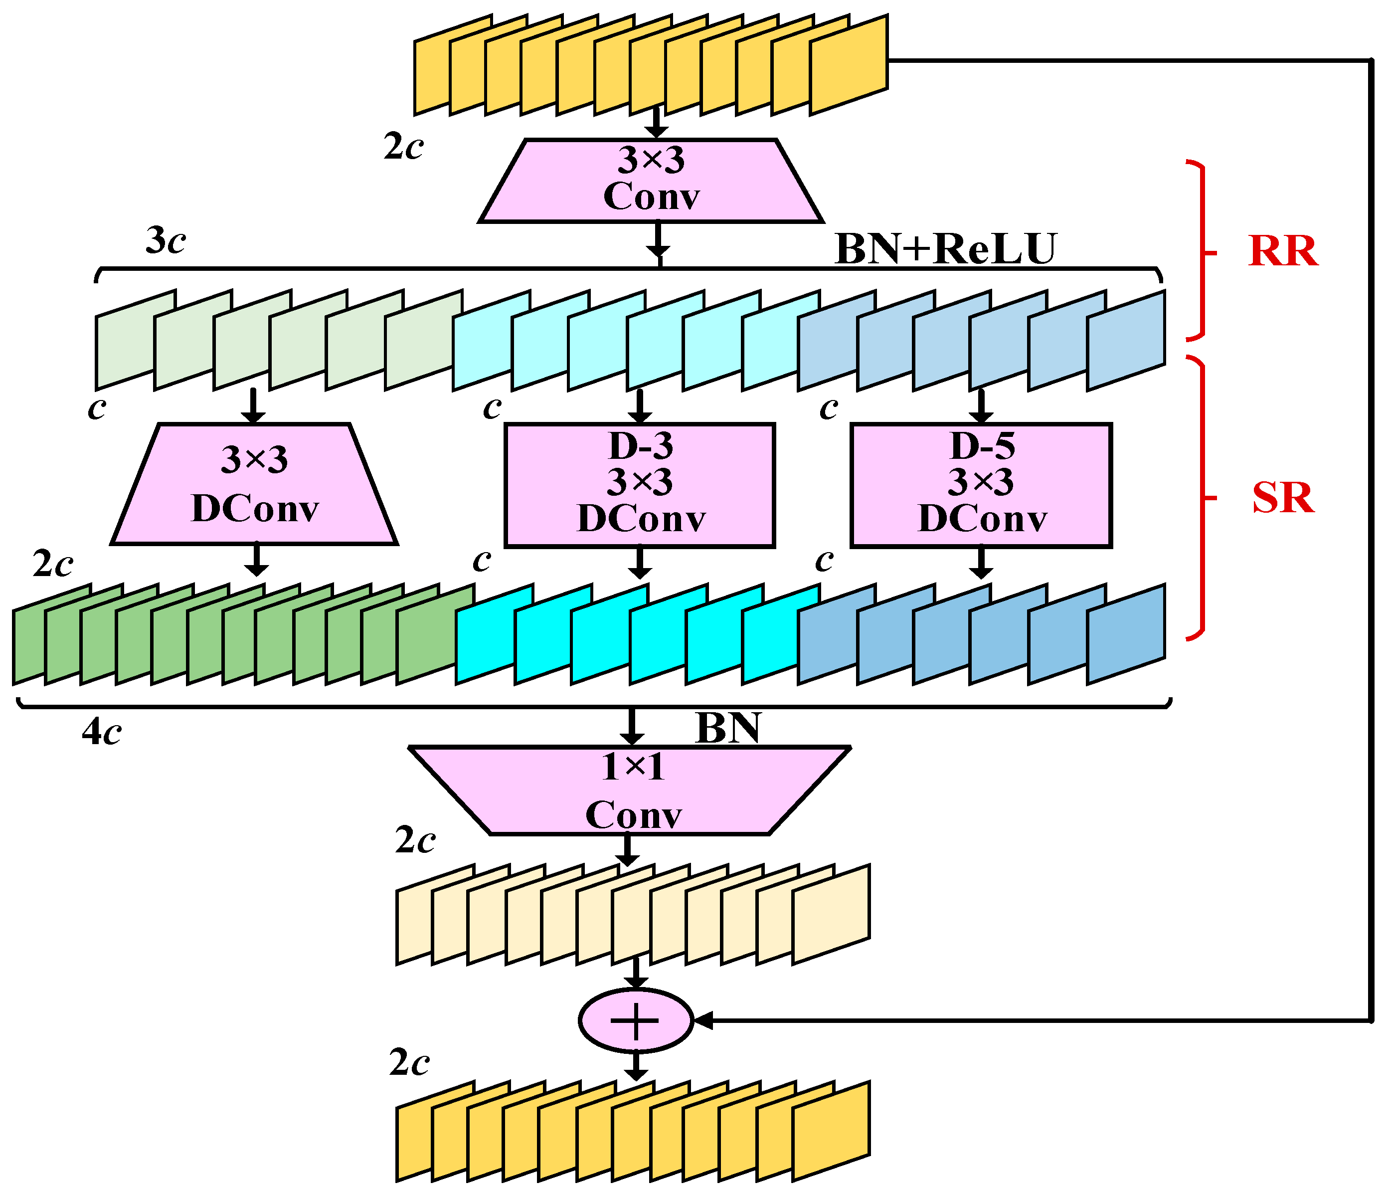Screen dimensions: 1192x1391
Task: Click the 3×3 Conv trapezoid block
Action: [x=651, y=180]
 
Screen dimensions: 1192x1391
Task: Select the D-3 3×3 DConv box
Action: [x=640, y=485]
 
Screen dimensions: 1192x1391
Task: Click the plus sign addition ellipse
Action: [x=635, y=1021]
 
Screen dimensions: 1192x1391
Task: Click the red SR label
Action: [x=1283, y=498]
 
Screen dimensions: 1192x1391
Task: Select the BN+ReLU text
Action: [x=945, y=248]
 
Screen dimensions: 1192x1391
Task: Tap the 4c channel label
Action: [x=101, y=732]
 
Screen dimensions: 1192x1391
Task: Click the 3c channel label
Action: [x=165, y=240]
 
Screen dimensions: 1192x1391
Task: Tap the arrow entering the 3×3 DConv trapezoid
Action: [x=253, y=407]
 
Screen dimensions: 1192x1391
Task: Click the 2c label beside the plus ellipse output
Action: [x=409, y=1063]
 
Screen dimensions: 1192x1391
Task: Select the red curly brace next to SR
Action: [x=1202, y=498]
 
